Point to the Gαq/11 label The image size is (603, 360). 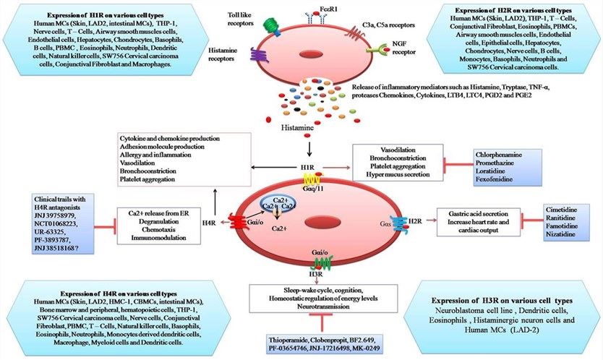pos(312,187)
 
